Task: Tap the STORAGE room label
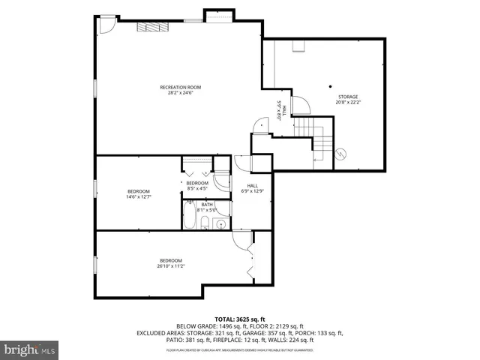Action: click(347, 97)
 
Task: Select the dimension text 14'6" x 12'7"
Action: click(139, 197)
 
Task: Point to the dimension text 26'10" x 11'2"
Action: click(171, 265)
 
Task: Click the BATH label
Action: click(206, 204)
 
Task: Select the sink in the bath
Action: click(222, 224)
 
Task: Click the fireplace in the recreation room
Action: click(153, 27)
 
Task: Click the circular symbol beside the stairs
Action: click(341, 153)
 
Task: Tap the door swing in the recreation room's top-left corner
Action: click(107, 25)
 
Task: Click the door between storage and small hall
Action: click(299, 106)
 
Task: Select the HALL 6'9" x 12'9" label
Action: click(253, 188)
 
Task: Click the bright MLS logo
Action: click(30, 349)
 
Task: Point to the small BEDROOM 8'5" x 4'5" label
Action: click(197, 186)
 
